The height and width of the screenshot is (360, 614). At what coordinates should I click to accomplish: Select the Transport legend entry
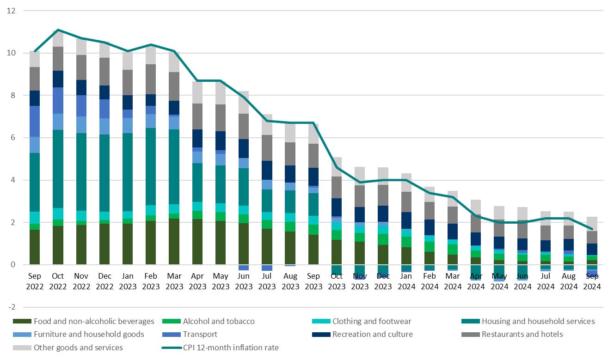200,334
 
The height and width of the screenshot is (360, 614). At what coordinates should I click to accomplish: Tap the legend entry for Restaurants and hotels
522,334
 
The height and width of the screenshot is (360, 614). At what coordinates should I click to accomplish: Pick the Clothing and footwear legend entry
371,321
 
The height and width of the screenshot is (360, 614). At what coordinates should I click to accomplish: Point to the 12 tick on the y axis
12,11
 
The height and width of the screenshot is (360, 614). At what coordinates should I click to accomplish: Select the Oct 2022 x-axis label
58,281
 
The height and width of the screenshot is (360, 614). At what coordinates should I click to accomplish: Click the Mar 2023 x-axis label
174,281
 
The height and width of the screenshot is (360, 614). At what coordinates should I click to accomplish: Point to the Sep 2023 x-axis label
314,281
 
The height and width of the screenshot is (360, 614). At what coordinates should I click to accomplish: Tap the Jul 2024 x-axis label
546,281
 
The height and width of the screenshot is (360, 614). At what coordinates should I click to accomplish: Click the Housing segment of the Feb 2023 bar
151,166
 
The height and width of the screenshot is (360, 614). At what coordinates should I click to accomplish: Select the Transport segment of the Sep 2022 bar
35,121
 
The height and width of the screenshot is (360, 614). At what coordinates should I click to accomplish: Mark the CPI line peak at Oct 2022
58,30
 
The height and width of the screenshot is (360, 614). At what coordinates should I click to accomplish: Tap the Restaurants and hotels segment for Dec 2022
104,72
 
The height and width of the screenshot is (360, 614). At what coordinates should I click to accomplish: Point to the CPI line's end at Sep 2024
592,229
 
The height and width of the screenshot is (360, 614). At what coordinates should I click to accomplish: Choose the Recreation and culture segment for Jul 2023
267,170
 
